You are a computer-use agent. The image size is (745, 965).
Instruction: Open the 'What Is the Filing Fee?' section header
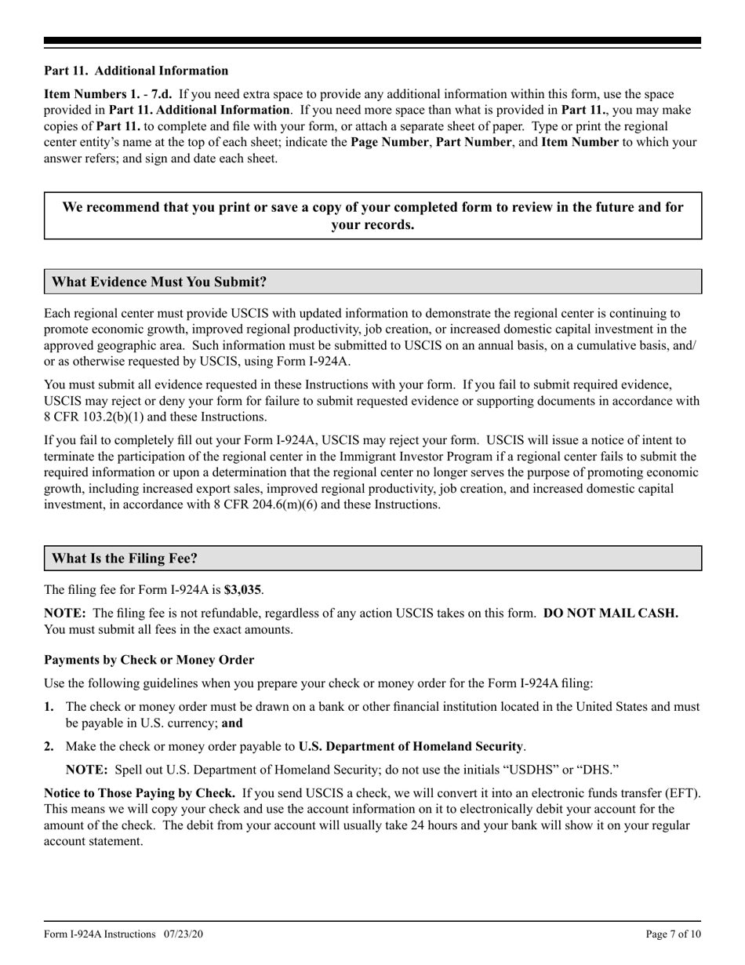tap(125, 559)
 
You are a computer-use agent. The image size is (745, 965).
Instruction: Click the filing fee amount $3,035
tap(242, 589)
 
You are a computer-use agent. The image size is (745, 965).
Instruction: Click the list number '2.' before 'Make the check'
tap(49, 746)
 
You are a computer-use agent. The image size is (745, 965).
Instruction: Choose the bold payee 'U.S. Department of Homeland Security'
tap(410, 746)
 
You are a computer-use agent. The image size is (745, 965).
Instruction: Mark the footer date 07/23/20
tap(184, 934)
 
